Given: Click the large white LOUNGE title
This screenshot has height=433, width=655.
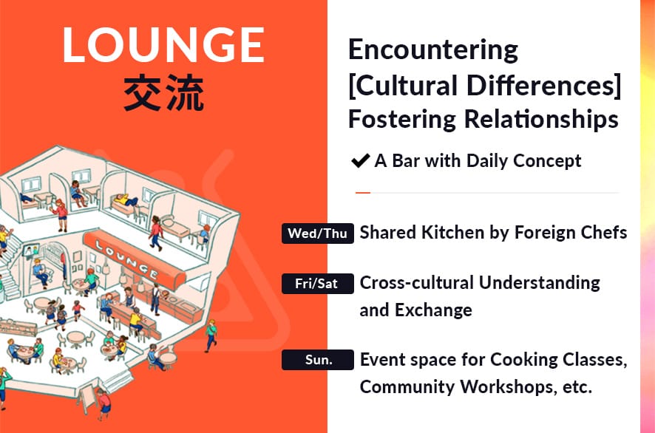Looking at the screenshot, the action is point(163,45).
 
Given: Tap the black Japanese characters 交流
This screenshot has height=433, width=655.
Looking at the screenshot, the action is point(164,92).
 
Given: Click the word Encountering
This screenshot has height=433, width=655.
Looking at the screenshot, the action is point(433,50).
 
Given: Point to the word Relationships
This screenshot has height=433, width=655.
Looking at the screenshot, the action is point(541,120).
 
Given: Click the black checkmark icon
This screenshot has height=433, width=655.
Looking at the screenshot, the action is point(360,161).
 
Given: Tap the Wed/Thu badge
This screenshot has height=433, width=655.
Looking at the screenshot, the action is point(317,233).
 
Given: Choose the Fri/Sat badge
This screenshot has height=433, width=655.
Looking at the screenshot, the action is point(317,284).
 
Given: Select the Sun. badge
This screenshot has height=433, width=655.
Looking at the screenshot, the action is point(317,360).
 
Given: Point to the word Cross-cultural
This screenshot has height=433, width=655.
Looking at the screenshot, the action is point(417,283).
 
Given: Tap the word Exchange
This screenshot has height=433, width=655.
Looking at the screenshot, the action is point(434,310).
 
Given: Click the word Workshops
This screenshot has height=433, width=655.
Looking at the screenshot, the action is point(509,386).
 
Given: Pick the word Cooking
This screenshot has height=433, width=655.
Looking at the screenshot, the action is point(524,360).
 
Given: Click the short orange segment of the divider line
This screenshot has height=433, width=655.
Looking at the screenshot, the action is point(362,193).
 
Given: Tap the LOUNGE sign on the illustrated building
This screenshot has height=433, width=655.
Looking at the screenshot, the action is point(135,259).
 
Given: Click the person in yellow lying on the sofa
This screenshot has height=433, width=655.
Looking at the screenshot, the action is point(126,201).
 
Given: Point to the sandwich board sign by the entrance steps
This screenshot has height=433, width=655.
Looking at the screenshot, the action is point(87,398).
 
